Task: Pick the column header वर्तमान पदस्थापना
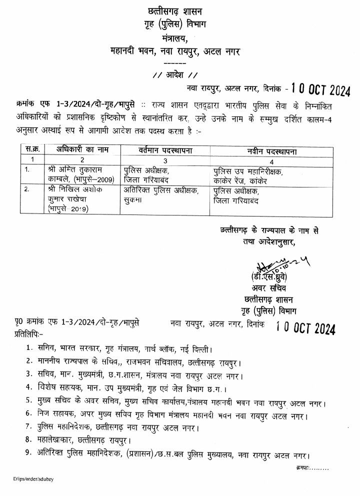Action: pyautogui.click(x=164, y=149)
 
